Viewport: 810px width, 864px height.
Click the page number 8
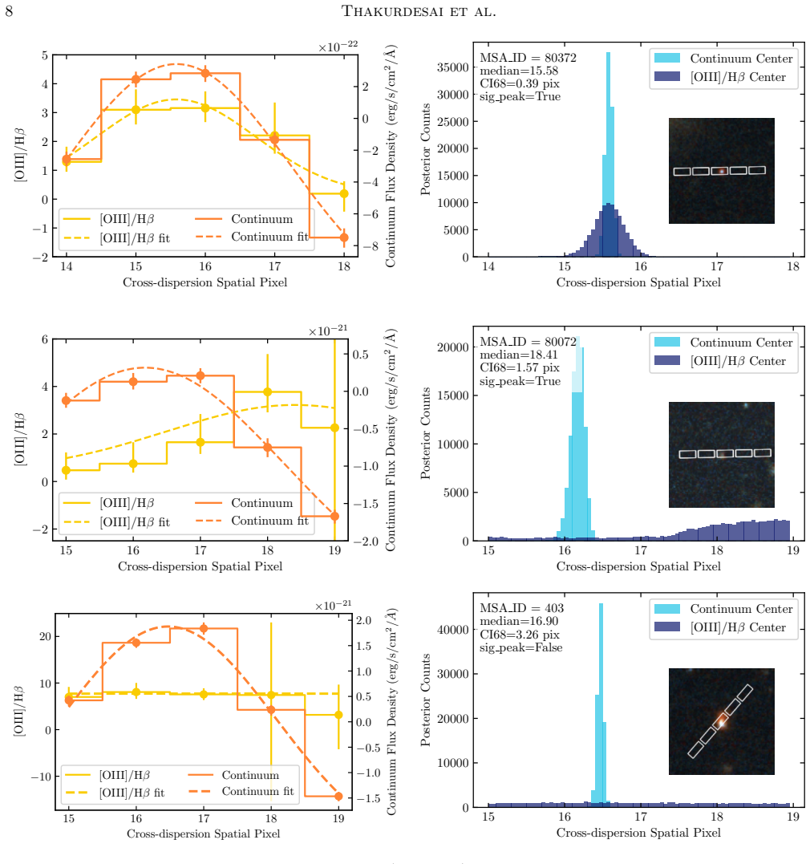(9, 11)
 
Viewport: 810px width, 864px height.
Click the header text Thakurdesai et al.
(419, 11)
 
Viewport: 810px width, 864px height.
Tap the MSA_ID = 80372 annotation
(528, 58)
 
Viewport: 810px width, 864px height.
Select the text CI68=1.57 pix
(520, 367)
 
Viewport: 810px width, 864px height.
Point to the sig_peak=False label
(520, 648)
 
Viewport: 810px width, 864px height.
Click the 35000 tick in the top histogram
(452, 67)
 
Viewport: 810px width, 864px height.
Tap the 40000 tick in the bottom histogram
(452, 630)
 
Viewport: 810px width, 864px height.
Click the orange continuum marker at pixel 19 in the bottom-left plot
(338, 797)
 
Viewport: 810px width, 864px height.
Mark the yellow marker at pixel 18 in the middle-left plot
(267, 391)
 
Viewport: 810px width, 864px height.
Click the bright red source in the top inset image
(721, 171)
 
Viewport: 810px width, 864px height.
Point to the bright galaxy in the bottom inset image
(721, 722)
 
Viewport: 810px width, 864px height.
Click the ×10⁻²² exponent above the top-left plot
(338, 47)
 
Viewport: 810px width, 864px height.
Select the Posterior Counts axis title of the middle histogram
(425, 433)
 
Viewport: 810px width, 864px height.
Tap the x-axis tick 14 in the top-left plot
(66, 266)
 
